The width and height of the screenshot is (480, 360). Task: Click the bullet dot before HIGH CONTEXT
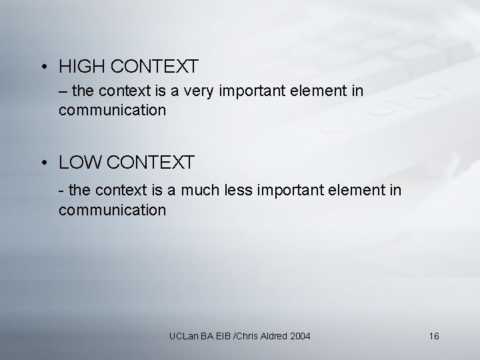(x=42, y=67)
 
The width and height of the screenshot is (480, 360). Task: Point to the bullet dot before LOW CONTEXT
(x=42, y=162)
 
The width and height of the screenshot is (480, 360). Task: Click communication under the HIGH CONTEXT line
(x=112, y=110)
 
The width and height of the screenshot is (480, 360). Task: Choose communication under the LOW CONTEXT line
(x=112, y=210)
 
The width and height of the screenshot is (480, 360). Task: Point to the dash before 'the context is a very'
(x=63, y=91)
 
